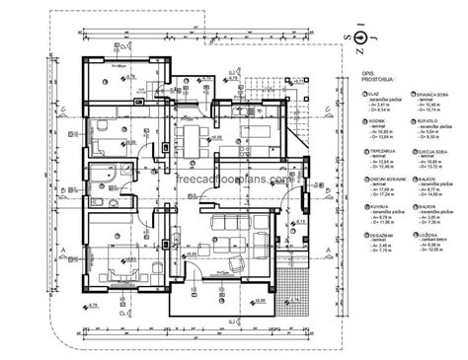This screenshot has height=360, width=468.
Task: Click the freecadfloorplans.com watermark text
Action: tap(234, 180)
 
